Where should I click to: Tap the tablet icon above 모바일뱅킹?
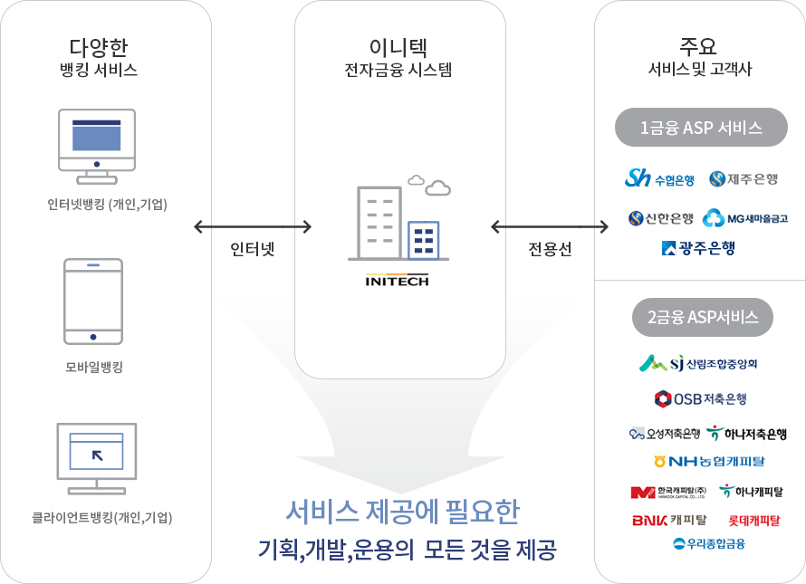point(93,301)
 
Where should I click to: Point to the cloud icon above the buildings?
point(431,186)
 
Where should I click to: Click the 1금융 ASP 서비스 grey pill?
point(700,128)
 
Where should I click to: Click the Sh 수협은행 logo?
point(659,179)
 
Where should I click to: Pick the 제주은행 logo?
point(744,179)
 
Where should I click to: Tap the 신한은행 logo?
point(660,218)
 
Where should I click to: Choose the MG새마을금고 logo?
point(745,218)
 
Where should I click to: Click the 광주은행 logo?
point(698,247)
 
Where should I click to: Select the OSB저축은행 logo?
point(700,398)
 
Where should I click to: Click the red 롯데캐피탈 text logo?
point(753,521)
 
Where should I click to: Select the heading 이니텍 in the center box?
point(398,47)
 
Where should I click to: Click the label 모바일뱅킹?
point(94,367)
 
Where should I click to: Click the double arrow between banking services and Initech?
point(253,226)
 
